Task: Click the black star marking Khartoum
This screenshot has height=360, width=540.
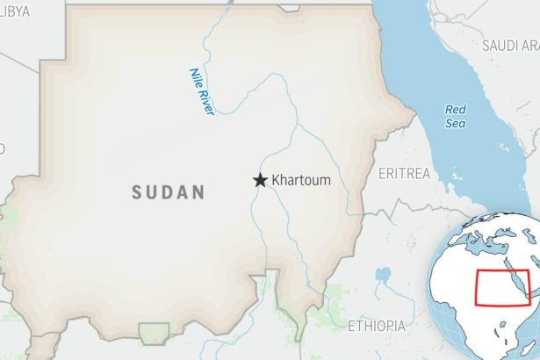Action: pos(260,180)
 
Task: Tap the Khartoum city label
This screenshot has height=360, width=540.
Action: pos(301,180)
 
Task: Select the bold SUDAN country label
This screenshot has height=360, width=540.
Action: pos(168,192)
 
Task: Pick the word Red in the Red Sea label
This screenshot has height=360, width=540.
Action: pos(455,110)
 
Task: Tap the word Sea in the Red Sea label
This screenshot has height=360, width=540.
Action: pos(455,123)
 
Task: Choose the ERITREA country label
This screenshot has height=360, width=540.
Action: pos(404,174)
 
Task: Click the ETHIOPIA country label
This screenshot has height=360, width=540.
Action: pos(376,326)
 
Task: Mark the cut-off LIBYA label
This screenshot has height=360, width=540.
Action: pos(14,10)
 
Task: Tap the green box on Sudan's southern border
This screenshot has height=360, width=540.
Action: pos(154,335)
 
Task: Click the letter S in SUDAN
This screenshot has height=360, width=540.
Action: pos(137,192)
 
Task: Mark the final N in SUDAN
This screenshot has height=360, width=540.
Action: pos(199,192)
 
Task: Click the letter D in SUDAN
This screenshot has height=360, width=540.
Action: pos(169,192)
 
